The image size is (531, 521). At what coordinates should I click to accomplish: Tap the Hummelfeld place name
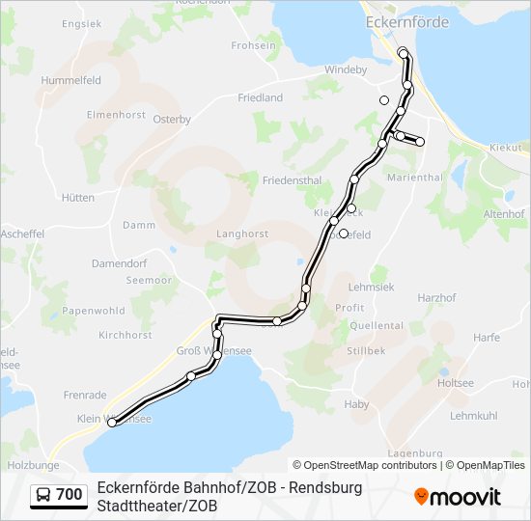pyautogui.click(x=70, y=81)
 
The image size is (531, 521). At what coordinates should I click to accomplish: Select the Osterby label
pyautogui.click(x=172, y=120)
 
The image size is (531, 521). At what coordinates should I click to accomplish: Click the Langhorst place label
pyautogui.click(x=242, y=233)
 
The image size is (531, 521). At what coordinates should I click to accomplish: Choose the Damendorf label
pyautogui.click(x=119, y=262)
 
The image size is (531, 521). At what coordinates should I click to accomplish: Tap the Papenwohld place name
pyautogui.click(x=94, y=311)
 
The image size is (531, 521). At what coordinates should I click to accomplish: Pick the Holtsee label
pyautogui.click(x=456, y=383)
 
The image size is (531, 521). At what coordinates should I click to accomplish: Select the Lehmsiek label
pyautogui.click(x=370, y=287)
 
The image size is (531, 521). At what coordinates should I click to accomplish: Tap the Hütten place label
pyautogui.click(x=78, y=198)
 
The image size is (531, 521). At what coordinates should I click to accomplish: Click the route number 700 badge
pyautogui.click(x=69, y=495)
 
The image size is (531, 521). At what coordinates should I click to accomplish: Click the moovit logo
pyautogui.click(x=458, y=497)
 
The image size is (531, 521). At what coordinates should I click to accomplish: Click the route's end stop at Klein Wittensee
pyautogui.click(x=112, y=423)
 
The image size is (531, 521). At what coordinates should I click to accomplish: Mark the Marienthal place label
pyautogui.click(x=413, y=178)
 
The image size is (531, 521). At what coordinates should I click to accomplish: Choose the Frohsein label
pyautogui.click(x=254, y=45)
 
